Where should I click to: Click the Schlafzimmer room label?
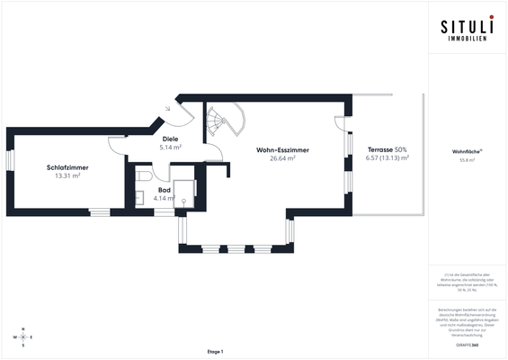67,167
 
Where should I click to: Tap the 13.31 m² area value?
67,176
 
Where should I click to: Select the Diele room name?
170,138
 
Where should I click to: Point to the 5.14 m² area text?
170,147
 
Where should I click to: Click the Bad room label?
165,190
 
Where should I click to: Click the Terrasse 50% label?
387,148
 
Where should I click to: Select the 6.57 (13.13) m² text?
387,157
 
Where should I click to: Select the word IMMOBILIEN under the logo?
466,40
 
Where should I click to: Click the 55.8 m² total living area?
467,161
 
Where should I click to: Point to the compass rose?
24,337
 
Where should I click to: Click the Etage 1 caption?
214,351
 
